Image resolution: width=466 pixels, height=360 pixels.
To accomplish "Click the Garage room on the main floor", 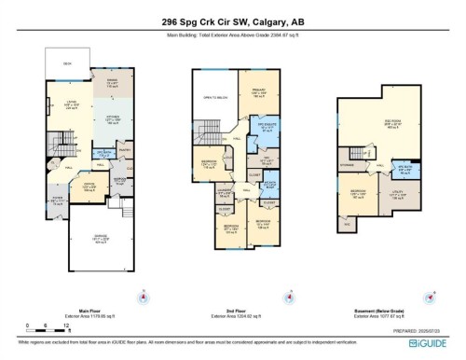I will tap(93, 245).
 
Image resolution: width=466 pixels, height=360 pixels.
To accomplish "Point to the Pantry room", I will tap(126, 151).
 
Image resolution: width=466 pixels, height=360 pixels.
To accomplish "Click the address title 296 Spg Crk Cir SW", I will tap(233, 21).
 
